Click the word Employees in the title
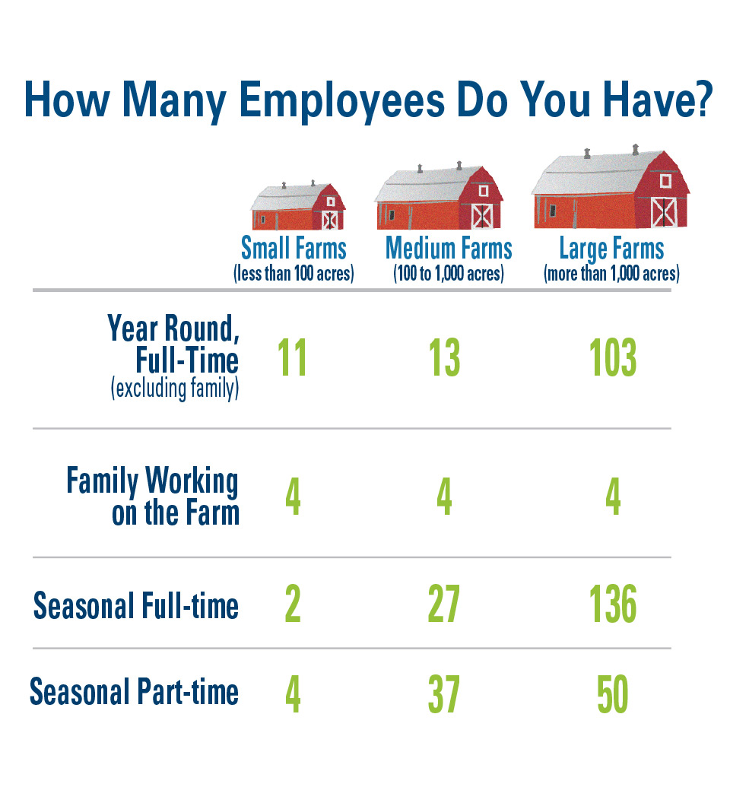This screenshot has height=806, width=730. tap(342, 100)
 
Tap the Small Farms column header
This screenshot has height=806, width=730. tap(294, 249)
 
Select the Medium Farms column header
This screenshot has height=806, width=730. tap(449, 249)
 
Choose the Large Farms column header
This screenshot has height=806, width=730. tap(612, 249)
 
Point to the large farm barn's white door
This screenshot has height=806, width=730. tap(664, 212)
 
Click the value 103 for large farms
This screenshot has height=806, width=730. tap(613, 358)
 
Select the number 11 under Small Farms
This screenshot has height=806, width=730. tap(292, 358)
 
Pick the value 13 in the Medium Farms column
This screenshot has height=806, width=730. tap(444, 358)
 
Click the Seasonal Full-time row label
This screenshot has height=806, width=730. tap(135, 605)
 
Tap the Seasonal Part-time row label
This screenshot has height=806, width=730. tap(134, 691)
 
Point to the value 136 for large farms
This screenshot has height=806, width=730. tap(613, 604)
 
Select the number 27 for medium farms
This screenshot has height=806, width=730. tap(443, 604)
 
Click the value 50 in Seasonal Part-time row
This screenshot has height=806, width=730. tap(613, 694)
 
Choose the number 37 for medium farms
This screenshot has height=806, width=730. tap(443, 694)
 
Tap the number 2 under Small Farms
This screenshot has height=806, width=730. tap(293, 604)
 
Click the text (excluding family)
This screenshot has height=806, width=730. tap(175, 389)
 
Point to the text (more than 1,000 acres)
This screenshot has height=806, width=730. tap(612, 274)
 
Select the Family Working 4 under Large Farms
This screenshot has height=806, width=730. tap(613, 496)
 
